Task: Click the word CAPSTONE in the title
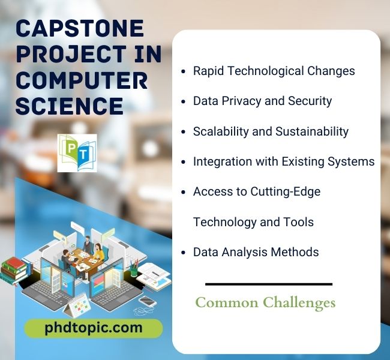[x=80, y=28]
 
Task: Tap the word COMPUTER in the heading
[x=82, y=80]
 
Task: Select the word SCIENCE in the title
[x=70, y=106]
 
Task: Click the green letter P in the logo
[x=71, y=148]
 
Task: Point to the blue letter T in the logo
[x=83, y=154]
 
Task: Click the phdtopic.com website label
[x=94, y=328]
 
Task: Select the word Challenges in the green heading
[x=299, y=303]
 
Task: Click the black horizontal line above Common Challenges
[x=269, y=284]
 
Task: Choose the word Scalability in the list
[x=221, y=131]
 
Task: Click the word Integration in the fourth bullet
[x=223, y=162]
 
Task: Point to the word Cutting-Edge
[x=285, y=192]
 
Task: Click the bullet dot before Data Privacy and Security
[x=184, y=102]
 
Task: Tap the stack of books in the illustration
[x=14, y=272]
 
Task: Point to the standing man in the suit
[x=88, y=244]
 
